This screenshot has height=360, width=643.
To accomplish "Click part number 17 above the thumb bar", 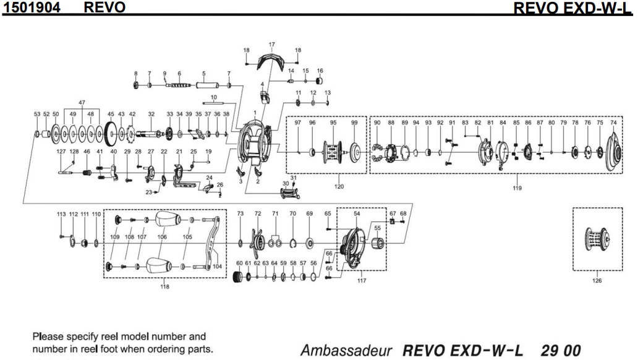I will pyautogui.click(x=271, y=45).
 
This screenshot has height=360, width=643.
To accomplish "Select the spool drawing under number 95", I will pyautogui.click(x=333, y=150).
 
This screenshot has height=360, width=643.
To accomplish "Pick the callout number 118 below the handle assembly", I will pyautogui.click(x=163, y=286).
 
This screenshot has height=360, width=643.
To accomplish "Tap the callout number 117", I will pyautogui.click(x=361, y=281).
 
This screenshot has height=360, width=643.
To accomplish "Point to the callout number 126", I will pyautogui.click(x=597, y=280).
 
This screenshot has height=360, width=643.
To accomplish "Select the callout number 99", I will pyautogui.click(x=354, y=123).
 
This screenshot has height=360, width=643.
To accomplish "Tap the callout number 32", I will pyautogui.click(x=151, y=114).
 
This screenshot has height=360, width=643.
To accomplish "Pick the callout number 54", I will pyautogui.click(x=357, y=213).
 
